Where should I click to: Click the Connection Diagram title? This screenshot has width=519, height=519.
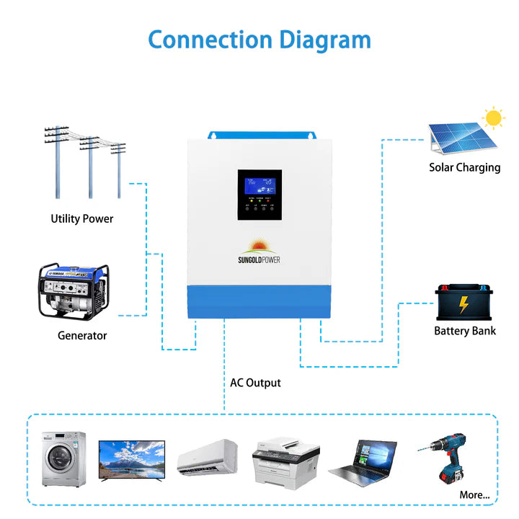(259, 39)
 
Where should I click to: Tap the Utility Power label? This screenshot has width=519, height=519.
(81, 218)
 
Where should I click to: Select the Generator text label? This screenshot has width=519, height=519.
(82, 335)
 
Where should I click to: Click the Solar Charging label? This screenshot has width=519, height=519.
(464, 167)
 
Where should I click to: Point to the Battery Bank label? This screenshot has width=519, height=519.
(465, 331)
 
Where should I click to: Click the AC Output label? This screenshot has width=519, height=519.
(255, 383)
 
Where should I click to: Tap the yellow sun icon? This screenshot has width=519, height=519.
(493, 117)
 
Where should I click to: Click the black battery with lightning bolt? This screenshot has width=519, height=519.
(465, 303)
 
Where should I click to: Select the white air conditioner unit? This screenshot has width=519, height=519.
(208, 456)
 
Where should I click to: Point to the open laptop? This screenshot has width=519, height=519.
(364, 461)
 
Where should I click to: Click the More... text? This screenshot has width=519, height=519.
(474, 494)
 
